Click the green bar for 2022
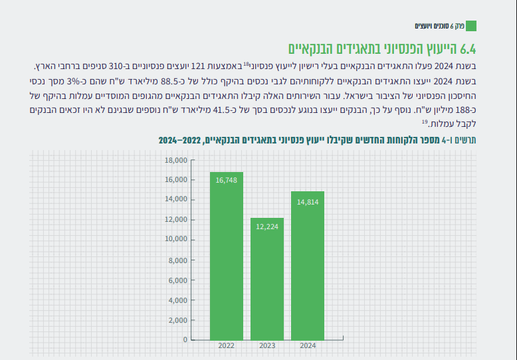[227, 256]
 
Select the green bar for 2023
[267, 278]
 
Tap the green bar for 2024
[308, 265]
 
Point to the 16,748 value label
[227, 179]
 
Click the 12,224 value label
[267, 226]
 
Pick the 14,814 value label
[308, 201]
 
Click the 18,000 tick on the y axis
[176, 160]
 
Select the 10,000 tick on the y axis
[176, 240]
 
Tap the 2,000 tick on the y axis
[178, 320]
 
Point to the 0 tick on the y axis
[185, 340]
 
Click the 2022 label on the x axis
[227, 347]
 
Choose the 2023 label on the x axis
[267, 347]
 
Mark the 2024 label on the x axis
[308, 347]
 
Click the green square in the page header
[471, 26]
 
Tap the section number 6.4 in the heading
[468, 48]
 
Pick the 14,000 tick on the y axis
[176, 200]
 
